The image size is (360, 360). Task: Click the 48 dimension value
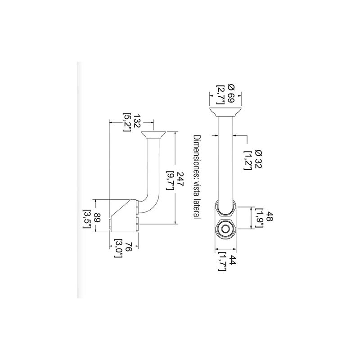269,218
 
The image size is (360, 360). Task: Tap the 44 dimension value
232,261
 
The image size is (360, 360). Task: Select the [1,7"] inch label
222,261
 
